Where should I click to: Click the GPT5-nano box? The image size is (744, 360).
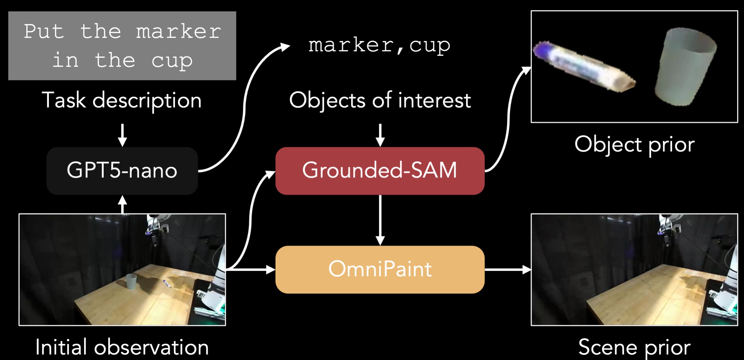tap(122, 171)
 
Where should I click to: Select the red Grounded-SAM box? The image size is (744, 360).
tap(380, 171)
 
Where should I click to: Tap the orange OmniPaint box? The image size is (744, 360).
tap(380, 269)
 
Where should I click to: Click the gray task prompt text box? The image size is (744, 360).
tap(122, 46)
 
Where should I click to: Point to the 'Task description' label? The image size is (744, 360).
tap(122, 101)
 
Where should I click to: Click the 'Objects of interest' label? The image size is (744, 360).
tap(380, 101)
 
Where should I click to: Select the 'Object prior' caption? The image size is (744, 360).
tap(634, 144)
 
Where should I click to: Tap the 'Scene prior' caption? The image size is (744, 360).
tap(634, 347)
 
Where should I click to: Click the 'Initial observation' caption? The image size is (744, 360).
tap(122, 347)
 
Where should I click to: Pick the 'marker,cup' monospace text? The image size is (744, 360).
tap(379, 45)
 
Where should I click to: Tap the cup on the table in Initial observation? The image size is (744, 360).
tap(131, 281)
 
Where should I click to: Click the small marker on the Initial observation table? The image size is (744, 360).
tap(167, 284)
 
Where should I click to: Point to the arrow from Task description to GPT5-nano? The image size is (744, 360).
tap(122, 135)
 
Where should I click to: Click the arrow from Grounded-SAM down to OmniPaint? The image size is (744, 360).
tap(380, 220)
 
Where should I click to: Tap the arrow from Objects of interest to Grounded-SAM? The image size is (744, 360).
tap(380, 135)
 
